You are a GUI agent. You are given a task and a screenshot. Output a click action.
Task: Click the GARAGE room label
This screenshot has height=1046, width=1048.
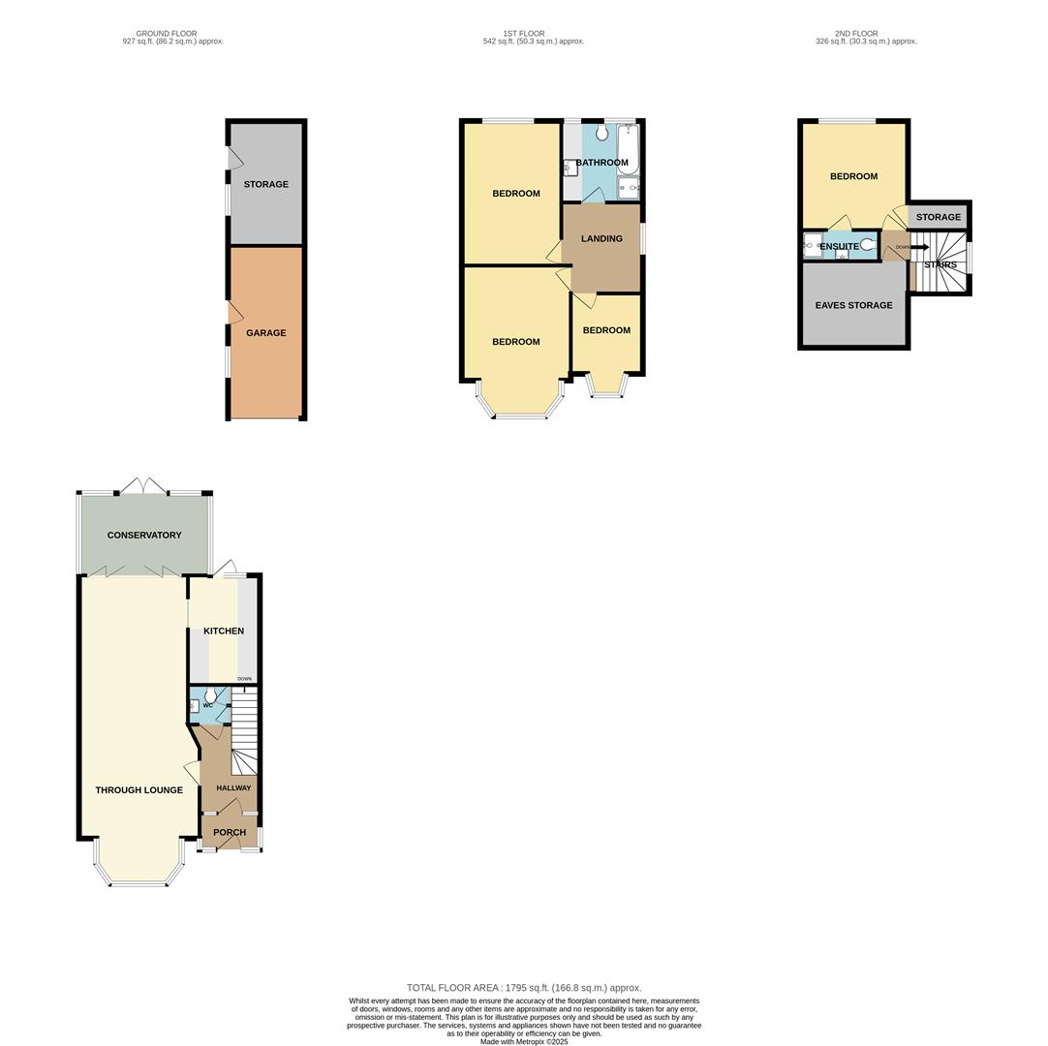(x=265, y=333)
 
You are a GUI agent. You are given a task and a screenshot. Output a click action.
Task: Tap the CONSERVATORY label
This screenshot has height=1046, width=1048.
(x=144, y=536)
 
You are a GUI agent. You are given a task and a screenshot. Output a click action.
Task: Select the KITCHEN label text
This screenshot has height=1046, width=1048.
(x=224, y=631)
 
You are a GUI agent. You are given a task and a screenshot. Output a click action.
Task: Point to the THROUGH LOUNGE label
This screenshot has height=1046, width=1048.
(x=139, y=790)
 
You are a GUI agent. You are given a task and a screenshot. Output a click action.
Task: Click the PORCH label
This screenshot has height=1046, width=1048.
(x=230, y=833)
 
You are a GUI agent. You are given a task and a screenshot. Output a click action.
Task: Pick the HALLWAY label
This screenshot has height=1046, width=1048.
(x=233, y=788)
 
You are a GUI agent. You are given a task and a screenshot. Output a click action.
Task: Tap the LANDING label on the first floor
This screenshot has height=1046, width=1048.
(x=601, y=238)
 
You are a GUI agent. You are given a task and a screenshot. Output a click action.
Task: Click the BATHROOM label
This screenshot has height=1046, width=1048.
(x=601, y=163)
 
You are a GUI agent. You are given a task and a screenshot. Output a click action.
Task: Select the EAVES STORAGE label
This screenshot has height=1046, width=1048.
(x=853, y=306)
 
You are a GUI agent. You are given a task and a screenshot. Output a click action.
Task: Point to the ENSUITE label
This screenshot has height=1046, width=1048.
(x=839, y=247)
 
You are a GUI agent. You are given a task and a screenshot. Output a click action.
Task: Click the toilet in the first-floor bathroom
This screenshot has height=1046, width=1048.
(x=601, y=134)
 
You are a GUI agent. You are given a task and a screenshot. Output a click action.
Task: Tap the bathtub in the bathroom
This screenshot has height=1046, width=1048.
(x=628, y=150)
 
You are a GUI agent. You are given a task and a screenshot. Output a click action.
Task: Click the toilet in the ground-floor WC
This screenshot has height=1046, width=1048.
(x=211, y=695)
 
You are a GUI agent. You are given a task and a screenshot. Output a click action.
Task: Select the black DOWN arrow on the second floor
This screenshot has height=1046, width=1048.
(x=918, y=247)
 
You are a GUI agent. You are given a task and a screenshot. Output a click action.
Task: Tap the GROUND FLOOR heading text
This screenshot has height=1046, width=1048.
(x=167, y=34)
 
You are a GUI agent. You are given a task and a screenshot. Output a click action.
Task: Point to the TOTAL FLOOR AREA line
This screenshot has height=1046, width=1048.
(x=524, y=988)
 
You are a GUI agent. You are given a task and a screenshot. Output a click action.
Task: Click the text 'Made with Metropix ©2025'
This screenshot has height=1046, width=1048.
(x=524, y=1042)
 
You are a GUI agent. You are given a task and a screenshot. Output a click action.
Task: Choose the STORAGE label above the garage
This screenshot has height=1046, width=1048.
(x=265, y=184)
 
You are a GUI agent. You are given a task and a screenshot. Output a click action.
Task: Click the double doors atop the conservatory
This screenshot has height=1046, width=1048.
(x=143, y=485)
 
